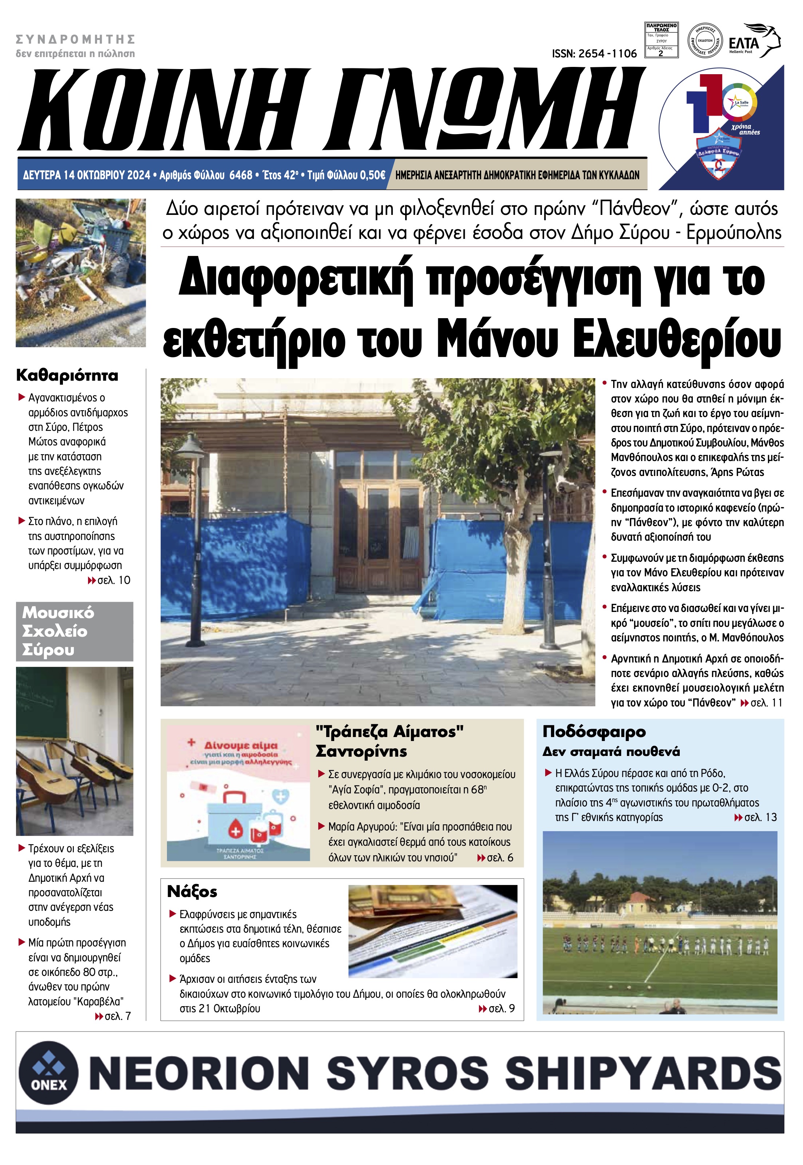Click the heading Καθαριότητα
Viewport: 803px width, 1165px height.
click(67, 375)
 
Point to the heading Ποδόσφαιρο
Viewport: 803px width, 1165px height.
click(594, 732)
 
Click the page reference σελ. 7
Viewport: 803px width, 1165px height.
click(117, 1016)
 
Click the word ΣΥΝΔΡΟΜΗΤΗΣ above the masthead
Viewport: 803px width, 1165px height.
click(76, 39)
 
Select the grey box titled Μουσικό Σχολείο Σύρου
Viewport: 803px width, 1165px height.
click(75, 631)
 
